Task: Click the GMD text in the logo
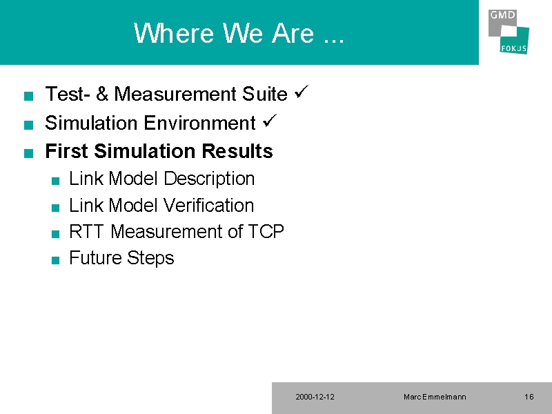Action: (502, 14)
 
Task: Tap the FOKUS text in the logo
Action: (513, 48)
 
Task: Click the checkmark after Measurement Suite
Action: (302, 92)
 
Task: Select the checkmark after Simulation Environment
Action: (270, 121)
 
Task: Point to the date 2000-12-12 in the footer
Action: (315, 397)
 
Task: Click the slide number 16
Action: (529, 397)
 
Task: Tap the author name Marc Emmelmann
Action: (435, 397)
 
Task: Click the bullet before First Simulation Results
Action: (28, 153)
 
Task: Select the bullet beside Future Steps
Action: (55, 260)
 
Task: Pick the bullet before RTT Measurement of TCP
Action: (55, 234)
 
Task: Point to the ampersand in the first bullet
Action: (102, 94)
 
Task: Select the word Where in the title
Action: (174, 32)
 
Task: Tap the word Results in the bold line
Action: (237, 151)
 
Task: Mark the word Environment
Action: (199, 123)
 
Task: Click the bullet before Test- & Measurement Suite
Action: (28, 96)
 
